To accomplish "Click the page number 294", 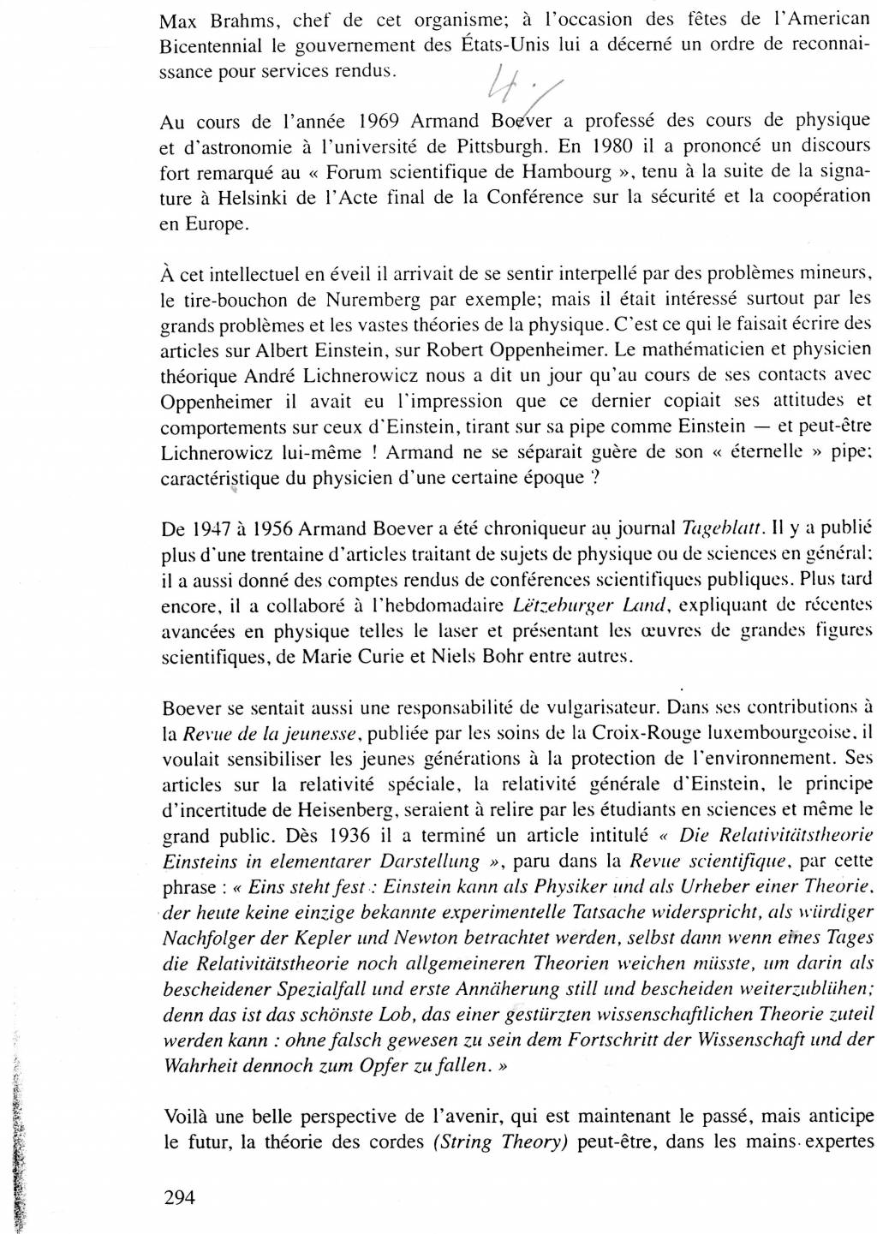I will (x=179, y=1197).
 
